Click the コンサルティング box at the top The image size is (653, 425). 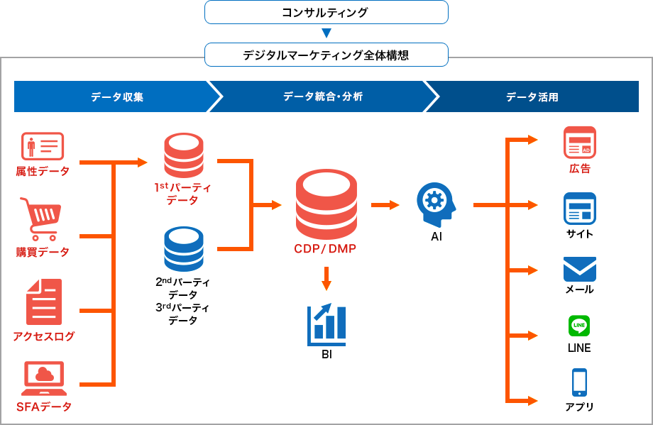pyautogui.click(x=326, y=12)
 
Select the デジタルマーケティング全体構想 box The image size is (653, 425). pyautogui.click(x=326, y=55)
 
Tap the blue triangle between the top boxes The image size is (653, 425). pyautogui.click(x=326, y=33)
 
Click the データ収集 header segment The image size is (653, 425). pyautogui.click(x=114, y=96)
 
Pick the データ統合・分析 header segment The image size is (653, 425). pyautogui.click(x=323, y=96)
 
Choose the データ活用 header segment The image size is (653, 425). pyautogui.click(x=532, y=96)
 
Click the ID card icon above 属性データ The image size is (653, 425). pyautogui.click(x=43, y=146)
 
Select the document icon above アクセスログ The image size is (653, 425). pyautogui.click(x=44, y=302)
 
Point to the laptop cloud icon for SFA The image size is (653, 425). pyautogui.click(x=44, y=378)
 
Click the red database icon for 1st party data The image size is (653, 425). pyautogui.click(x=184, y=156)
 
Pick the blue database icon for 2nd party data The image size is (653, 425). pyautogui.click(x=184, y=249)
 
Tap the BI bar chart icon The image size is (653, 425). pyautogui.click(x=326, y=323)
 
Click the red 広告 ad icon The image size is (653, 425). pyautogui.click(x=579, y=142)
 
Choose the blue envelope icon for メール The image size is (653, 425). pyautogui.click(x=579, y=269)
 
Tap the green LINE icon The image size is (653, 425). pyautogui.click(x=579, y=326)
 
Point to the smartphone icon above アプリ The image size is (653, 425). pyautogui.click(x=579, y=382)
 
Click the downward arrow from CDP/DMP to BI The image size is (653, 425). pyautogui.click(x=326, y=278)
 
